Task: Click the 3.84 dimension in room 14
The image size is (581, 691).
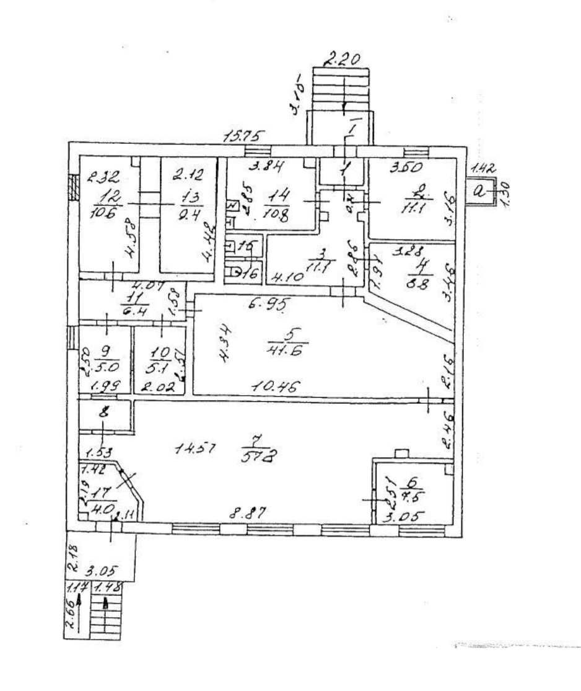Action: (246, 166)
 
